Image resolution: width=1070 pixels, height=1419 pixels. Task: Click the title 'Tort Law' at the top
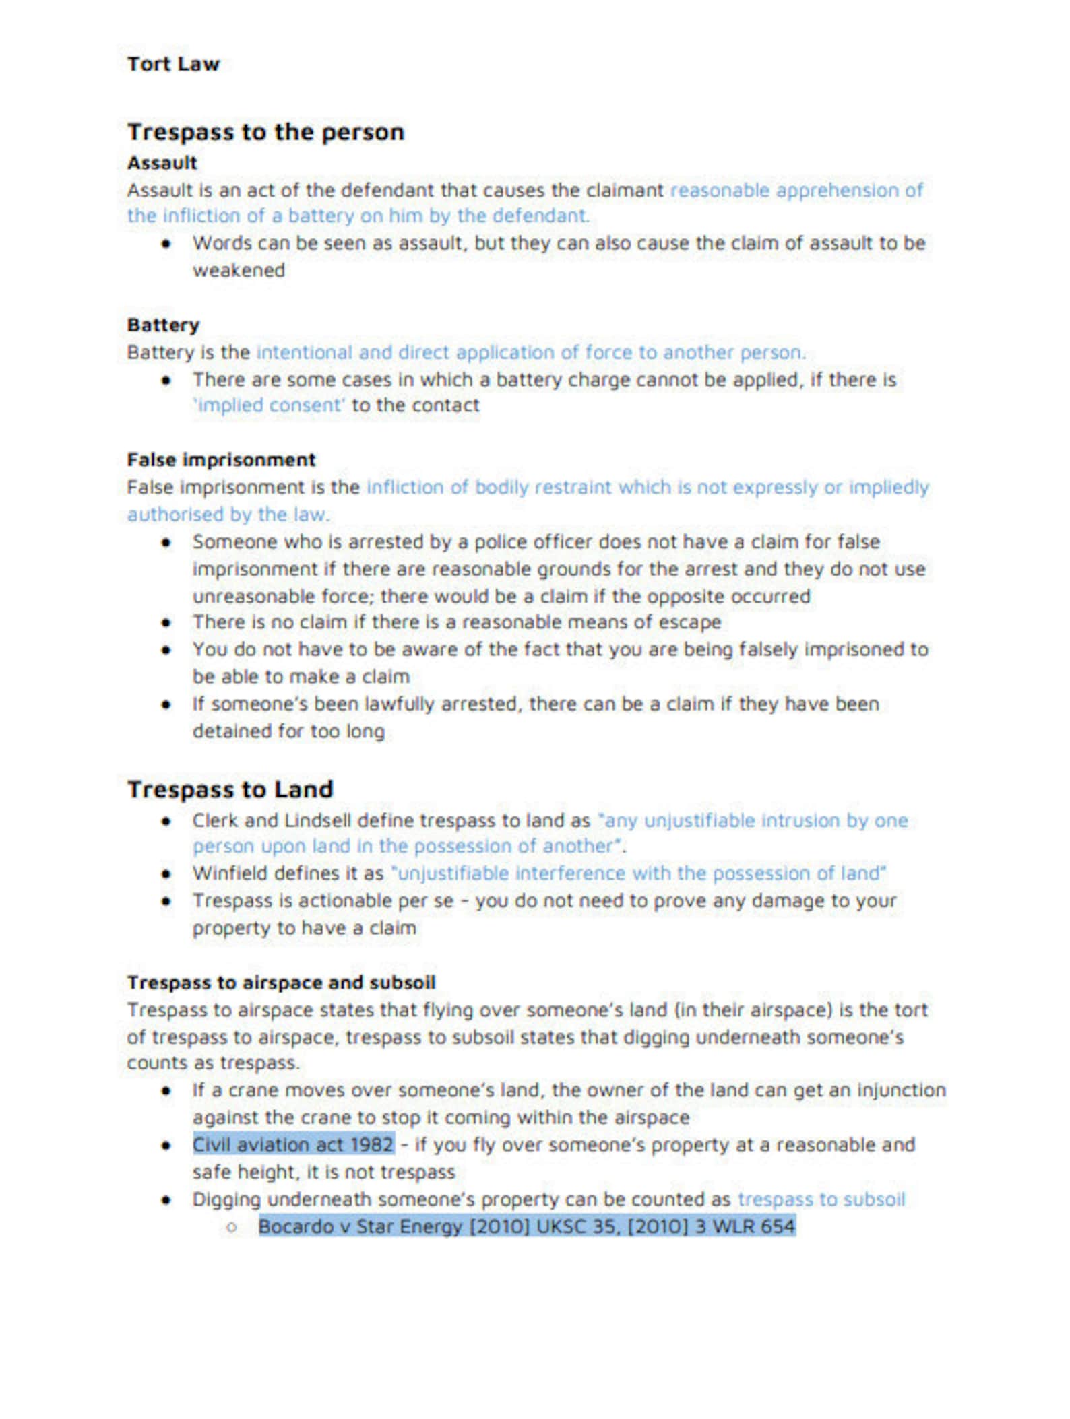pos(173,64)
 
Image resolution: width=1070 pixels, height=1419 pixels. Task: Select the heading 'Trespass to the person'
pos(265,132)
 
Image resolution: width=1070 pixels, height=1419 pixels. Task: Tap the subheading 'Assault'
pos(162,163)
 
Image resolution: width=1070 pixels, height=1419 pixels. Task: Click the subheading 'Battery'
pos(163,325)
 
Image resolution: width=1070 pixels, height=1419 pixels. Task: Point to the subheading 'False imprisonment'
pos(221,460)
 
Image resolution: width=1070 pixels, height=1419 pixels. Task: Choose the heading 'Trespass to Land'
pos(230,789)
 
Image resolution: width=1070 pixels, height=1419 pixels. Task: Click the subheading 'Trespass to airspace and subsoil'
pos(281,983)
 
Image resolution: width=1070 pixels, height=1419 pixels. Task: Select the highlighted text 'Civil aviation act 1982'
pos(293,1145)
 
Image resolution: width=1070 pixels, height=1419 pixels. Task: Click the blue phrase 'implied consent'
pos(270,405)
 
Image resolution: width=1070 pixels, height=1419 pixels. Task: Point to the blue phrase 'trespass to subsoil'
pos(821,1199)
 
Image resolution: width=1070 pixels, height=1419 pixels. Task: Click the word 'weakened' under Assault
pos(239,271)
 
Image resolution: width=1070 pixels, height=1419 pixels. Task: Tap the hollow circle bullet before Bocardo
pos(232,1227)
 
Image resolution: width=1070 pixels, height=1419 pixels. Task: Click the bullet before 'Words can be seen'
pos(166,244)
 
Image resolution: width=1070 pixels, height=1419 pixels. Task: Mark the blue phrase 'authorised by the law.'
pos(228,515)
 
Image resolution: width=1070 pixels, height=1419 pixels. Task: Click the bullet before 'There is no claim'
pos(166,622)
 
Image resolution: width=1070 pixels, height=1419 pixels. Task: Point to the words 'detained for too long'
pos(288,731)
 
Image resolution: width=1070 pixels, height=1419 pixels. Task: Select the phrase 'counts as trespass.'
pos(213,1063)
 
